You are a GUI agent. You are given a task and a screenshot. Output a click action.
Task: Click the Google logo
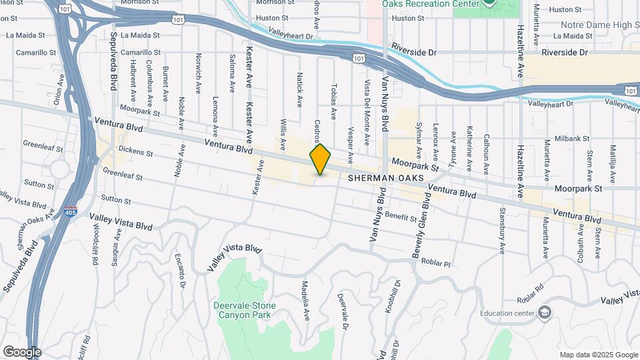[22, 351]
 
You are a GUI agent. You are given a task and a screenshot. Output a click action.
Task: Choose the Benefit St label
[400, 217]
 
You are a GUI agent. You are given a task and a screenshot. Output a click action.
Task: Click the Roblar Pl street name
[436, 263]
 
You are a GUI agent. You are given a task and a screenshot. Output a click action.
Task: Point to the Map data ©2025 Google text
[598, 355]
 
